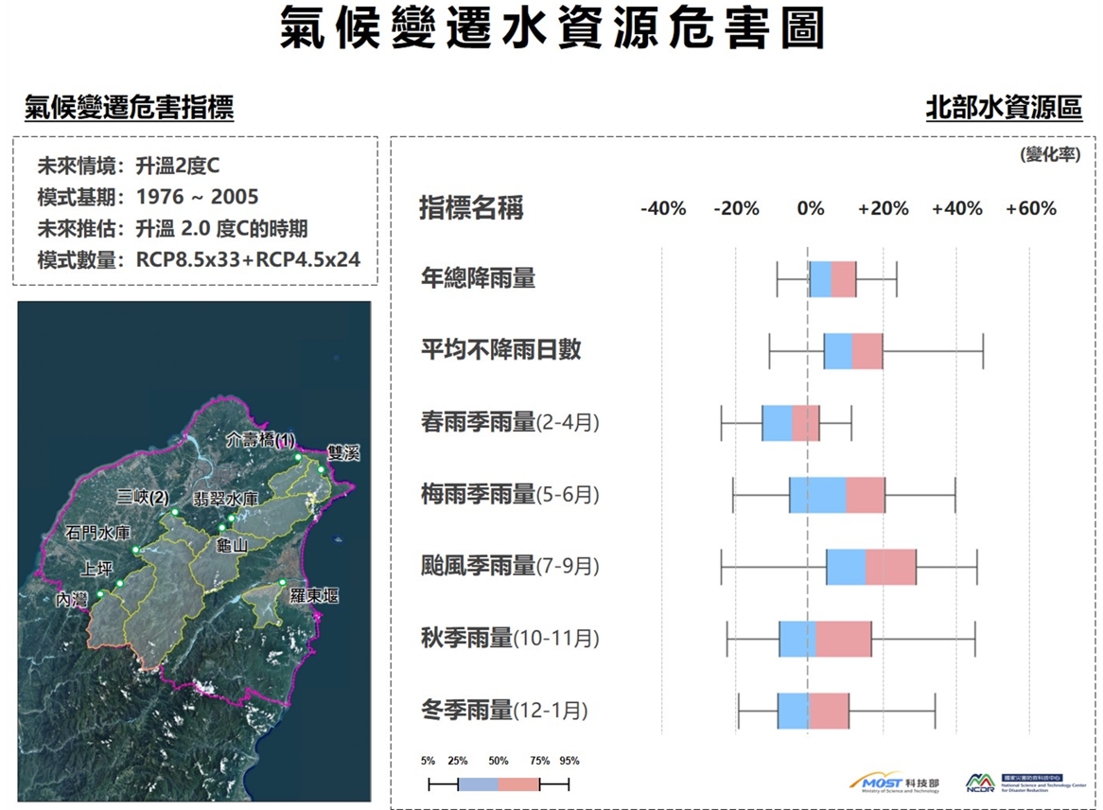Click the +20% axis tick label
[883, 208]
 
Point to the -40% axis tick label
[663, 208]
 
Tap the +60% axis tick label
[1030, 208]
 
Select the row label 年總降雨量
[478, 278]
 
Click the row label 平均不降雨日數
[500, 350]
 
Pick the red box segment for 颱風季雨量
[890, 566]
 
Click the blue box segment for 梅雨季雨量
[817, 494]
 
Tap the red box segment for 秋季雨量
[843, 638]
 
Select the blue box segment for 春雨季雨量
[777, 422]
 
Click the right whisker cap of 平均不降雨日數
[983, 350]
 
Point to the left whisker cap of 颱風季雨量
[722, 566]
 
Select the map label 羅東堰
[314, 596]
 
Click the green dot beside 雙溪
[322, 469]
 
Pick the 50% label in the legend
[499, 761]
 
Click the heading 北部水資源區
[1004, 108]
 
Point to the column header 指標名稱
[471, 208]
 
